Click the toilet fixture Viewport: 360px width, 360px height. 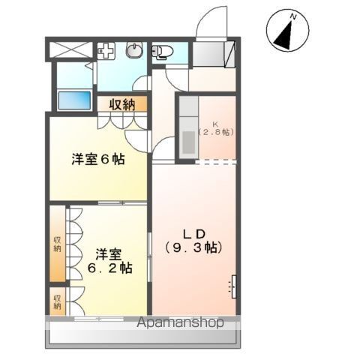click(x=162, y=52)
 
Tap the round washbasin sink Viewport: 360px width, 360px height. click(x=134, y=49)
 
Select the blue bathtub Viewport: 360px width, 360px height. click(x=74, y=100)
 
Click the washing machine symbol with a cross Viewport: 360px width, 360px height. click(x=106, y=51)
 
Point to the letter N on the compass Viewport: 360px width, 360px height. click(x=293, y=17)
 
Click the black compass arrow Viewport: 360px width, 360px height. click(x=285, y=36)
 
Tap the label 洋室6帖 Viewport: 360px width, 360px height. click(x=98, y=160)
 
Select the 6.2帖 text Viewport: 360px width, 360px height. click(x=109, y=268)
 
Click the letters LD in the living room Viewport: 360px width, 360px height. click(x=194, y=234)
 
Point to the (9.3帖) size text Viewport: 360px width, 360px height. click(x=193, y=247)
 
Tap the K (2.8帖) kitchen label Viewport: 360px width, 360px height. click(x=216, y=128)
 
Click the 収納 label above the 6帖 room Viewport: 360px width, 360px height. click(x=122, y=104)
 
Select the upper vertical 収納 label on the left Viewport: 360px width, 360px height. click(x=58, y=244)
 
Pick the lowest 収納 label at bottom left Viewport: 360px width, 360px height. click(x=58, y=302)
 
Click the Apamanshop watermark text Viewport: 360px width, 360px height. click(x=180, y=322)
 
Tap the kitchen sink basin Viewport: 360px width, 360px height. click(x=189, y=142)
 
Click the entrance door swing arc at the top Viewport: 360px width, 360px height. click(x=210, y=17)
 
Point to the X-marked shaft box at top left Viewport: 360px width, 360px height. click(x=71, y=49)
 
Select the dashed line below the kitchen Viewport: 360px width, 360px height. click(x=215, y=163)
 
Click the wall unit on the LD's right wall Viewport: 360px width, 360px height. click(x=234, y=286)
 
